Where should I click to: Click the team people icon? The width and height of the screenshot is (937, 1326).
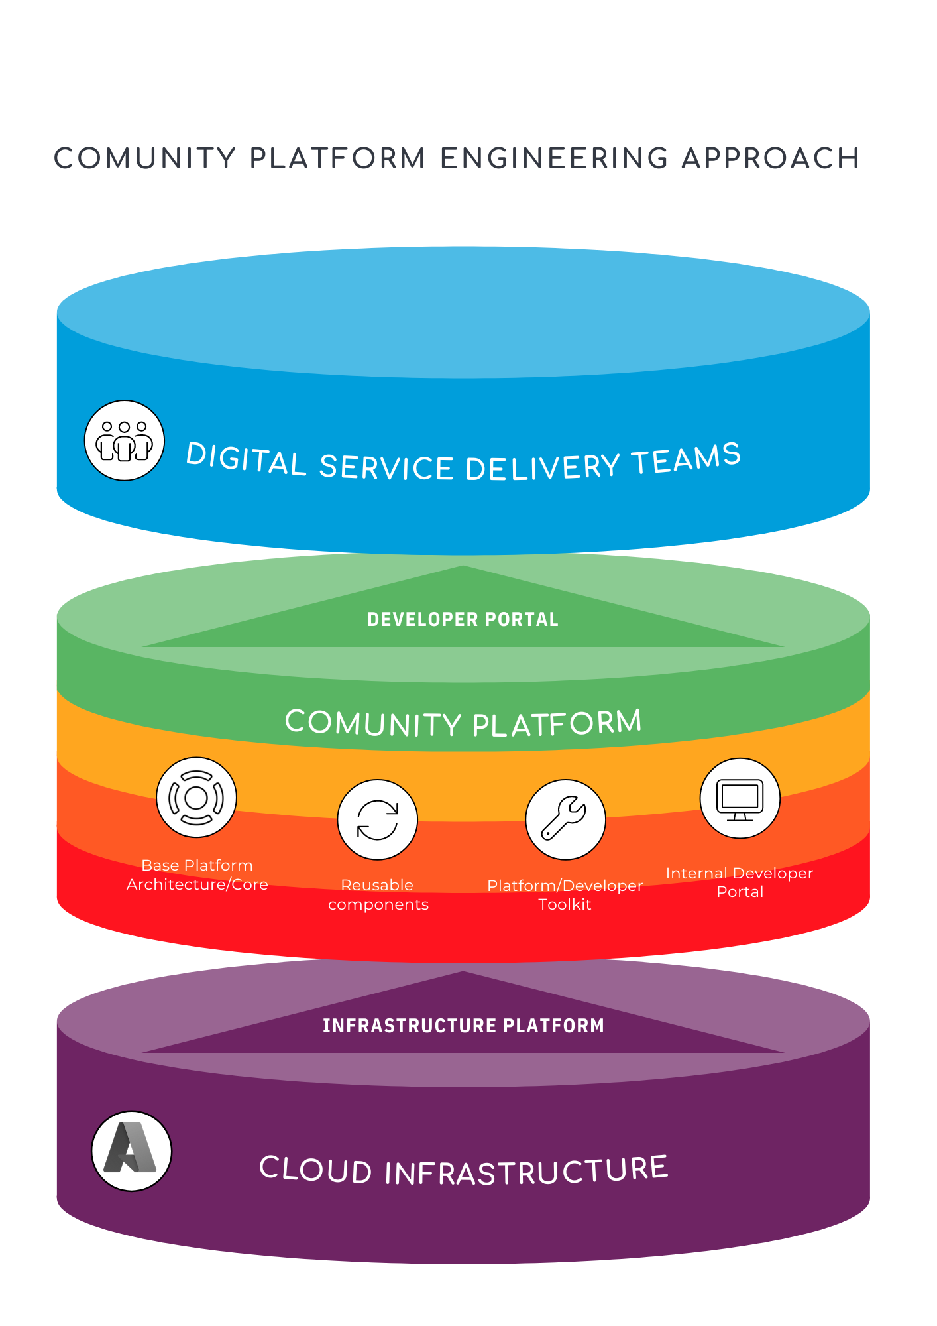pyautogui.click(x=125, y=440)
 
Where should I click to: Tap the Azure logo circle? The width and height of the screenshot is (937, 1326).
pyautogui.click(x=131, y=1151)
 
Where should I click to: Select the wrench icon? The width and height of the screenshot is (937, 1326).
pyautogui.click(x=565, y=819)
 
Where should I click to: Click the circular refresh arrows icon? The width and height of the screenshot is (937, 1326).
pyautogui.click(x=377, y=819)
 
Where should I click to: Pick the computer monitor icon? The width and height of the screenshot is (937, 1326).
pyautogui.click(x=740, y=798)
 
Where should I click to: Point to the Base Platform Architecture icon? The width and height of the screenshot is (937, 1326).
pyautogui.click(x=196, y=798)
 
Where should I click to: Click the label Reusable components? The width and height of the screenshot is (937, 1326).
pyautogui.click(x=378, y=894)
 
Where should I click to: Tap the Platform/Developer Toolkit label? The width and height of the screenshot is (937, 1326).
pyautogui.click(x=565, y=894)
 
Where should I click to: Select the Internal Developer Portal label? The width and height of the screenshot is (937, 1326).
pyautogui.click(x=740, y=882)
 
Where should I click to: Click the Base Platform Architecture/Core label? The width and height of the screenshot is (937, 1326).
pyautogui.click(x=197, y=874)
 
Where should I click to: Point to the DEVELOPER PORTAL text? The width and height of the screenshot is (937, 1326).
pyautogui.click(x=463, y=619)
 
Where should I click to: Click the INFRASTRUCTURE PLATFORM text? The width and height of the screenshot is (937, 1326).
pyautogui.click(x=463, y=1026)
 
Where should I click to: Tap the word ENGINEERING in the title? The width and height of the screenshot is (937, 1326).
pyautogui.click(x=554, y=158)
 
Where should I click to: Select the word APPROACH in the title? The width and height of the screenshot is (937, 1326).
pyautogui.click(x=770, y=158)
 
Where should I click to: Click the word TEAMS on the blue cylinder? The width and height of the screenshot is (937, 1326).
pyautogui.click(x=686, y=458)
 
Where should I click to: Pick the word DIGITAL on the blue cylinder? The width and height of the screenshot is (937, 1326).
pyautogui.click(x=245, y=458)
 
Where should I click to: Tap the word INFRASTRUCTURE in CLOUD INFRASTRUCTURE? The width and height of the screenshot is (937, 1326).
pyautogui.click(x=526, y=1171)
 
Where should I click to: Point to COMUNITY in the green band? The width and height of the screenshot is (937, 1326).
pyautogui.click(x=373, y=723)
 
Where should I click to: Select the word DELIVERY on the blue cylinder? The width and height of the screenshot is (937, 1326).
pyautogui.click(x=543, y=467)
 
